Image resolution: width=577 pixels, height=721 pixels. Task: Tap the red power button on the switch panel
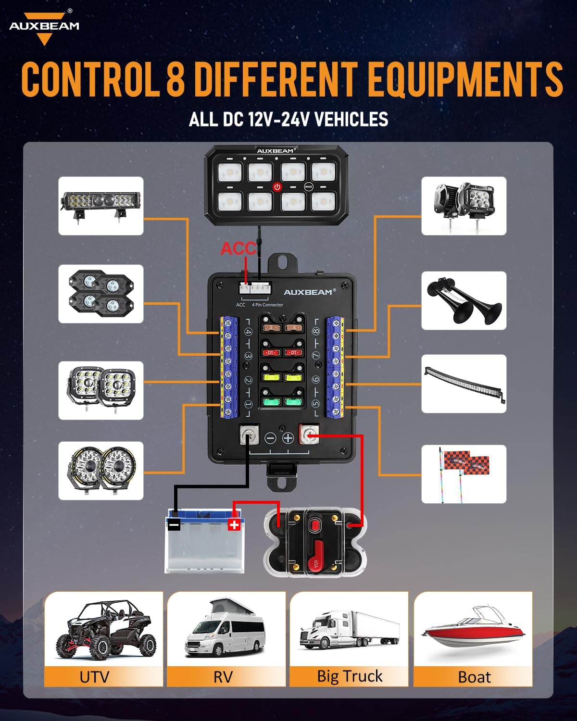pyautogui.click(x=277, y=186)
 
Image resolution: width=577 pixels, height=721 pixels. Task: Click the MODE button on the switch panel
pyautogui.click(x=308, y=186)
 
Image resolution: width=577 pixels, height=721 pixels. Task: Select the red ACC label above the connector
pyautogui.click(x=238, y=249)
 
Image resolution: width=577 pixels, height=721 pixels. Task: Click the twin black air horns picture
pyautogui.click(x=464, y=301)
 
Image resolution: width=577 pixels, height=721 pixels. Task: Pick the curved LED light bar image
pyautogui.click(x=464, y=384)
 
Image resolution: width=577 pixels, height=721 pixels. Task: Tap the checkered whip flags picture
pyautogui.click(x=464, y=474)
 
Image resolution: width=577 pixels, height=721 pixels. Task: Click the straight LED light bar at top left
pyautogui.click(x=101, y=206)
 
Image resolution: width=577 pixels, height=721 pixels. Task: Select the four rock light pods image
pyautogui.click(x=101, y=294)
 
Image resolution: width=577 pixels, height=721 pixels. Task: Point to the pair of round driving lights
pyautogui.click(x=101, y=471)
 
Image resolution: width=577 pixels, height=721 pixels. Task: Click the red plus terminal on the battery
pyautogui.click(x=234, y=524)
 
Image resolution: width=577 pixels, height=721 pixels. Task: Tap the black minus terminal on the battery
pyautogui.click(x=174, y=525)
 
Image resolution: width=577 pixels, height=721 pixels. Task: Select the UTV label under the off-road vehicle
pyautogui.click(x=94, y=677)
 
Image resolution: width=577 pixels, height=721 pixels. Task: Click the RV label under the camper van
pyautogui.click(x=223, y=677)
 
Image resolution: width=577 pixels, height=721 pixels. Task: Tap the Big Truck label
pyautogui.click(x=350, y=676)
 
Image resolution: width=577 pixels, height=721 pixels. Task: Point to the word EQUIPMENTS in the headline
pyautogui.click(x=465, y=79)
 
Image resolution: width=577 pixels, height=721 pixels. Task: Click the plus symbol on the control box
pyautogui.click(x=288, y=438)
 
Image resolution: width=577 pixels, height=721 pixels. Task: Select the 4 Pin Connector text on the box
pyautogui.click(x=267, y=305)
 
